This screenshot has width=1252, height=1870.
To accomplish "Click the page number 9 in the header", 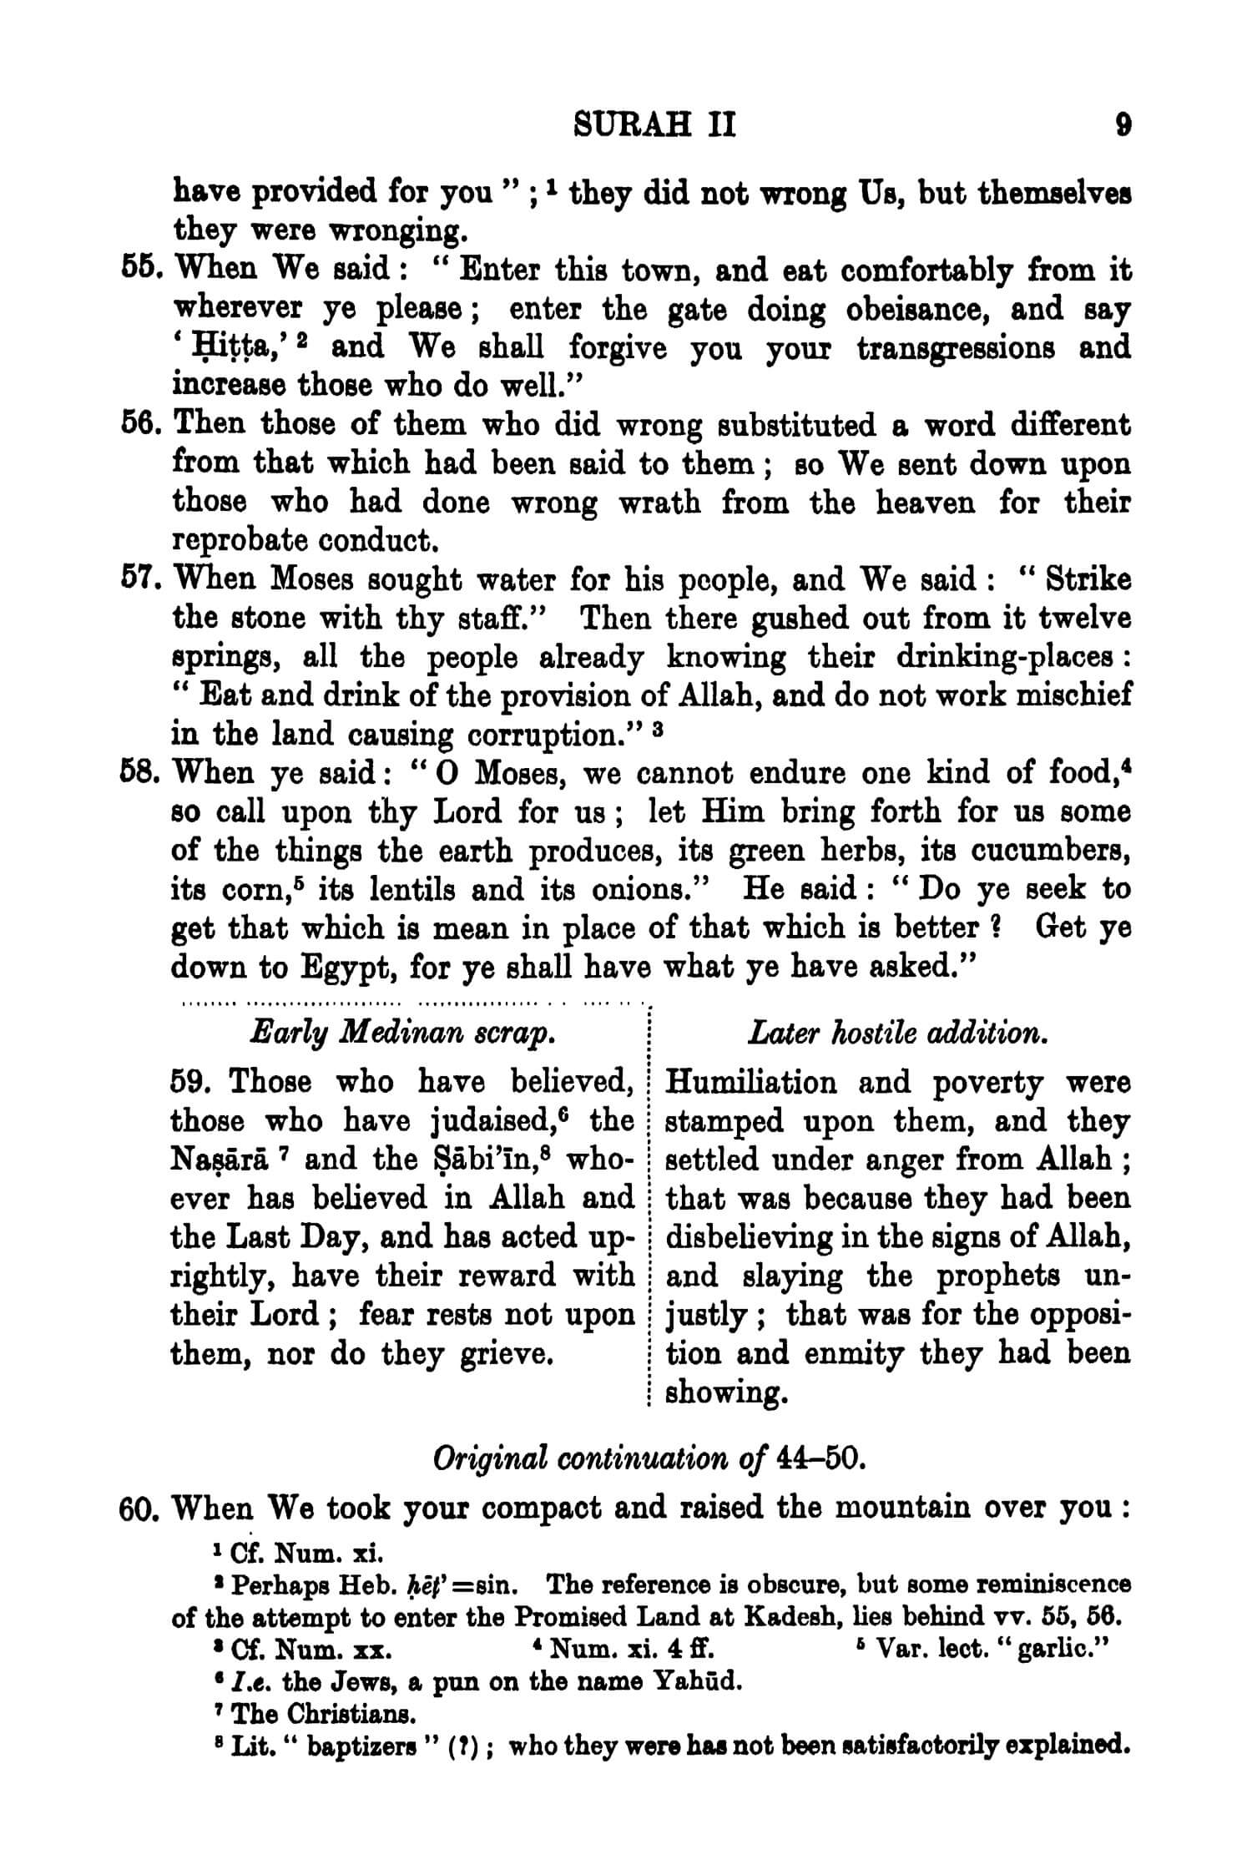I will pos(1123,127).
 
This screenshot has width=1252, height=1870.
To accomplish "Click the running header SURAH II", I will pos(655,127).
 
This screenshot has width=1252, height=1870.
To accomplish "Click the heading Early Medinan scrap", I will pos(403,1034).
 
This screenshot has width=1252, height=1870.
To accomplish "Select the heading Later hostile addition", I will pos(897,1034).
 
